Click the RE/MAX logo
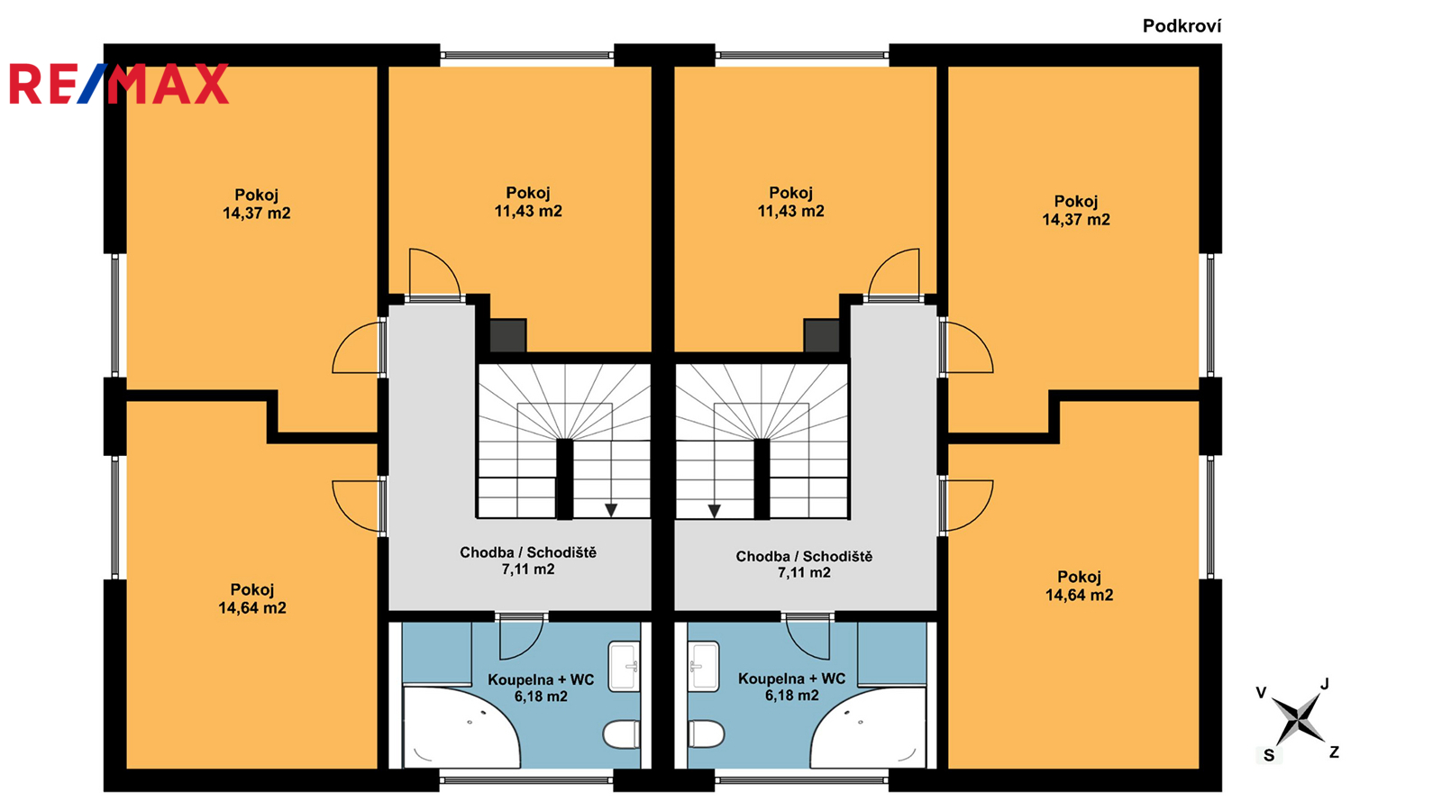pos(119,84)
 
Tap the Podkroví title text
pos(1182,26)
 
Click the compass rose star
pos(1298,720)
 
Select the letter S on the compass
pos(1269,756)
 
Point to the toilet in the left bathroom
pos(621,734)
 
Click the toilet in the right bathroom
pos(707,734)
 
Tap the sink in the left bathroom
pos(624,666)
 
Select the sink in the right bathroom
pos(703,666)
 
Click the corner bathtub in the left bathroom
pos(461,727)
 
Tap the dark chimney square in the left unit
pos(508,335)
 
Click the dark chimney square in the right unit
pos(821,335)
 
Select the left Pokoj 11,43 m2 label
pos(528,202)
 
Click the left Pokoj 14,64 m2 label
pos(252,598)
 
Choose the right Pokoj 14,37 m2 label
pos(1076,211)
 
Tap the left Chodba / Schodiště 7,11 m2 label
pos(528,560)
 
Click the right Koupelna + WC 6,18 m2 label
pos(792,687)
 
